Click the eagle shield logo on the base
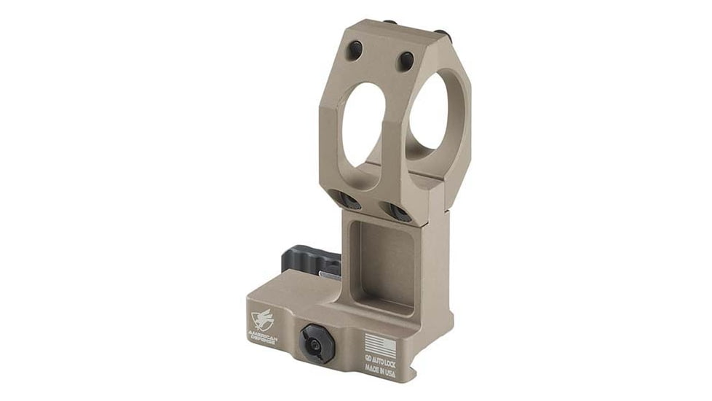(x=261, y=318)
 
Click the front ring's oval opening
(x=364, y=124)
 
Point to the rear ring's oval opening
(x=432, y=113)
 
